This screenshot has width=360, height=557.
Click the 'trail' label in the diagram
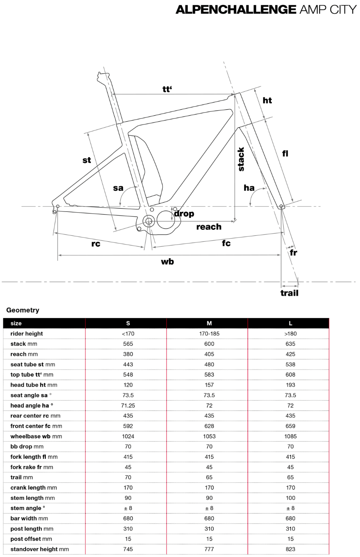pyautogui.click(x=289, y=293)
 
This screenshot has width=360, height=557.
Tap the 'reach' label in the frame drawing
pyautogui.click(x=209, y=227)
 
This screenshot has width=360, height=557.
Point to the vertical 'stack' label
pyautogui.click(x=241, y=159)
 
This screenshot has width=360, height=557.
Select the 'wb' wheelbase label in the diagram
pyautogui.click(x=167, y=262)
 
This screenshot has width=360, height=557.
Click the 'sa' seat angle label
pyautogui.click(x=118, y=188)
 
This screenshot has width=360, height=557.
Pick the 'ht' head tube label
pyautogui.click(x=267, y=101)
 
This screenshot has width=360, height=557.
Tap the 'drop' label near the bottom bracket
pyautogui.click(x=184, y=213)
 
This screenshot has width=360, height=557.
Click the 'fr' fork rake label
pyautogui.click(x=293, y=253)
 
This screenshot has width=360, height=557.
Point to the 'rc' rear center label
pyautogui.click(x=96, y=244)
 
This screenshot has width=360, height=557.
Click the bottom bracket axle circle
pyautogui.click(x=149, y=221)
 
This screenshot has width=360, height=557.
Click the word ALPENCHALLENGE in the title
pyautogui.click(x=236, y=10)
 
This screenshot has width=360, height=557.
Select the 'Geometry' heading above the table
pyautogui.click(x=23, y=310)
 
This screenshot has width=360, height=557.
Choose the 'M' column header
pyautogui.click(x=209, y=323)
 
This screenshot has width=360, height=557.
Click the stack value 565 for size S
pyautogui.click(x=128, y=344)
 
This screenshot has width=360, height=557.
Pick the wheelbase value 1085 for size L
pyautogui.click(x=290, y=437)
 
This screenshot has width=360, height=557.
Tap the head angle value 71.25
pyautogui.click(x=128, y=405)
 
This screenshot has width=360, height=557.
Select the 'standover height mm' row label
pyautogui.click(x=39, y=549)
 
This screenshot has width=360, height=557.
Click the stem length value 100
pyautogui.click(x=290, y=498)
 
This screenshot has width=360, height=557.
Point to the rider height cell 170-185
pyautogui.click(x=209, y=334)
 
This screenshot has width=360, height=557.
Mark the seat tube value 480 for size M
pyautogui.click(x=209, y=364)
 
